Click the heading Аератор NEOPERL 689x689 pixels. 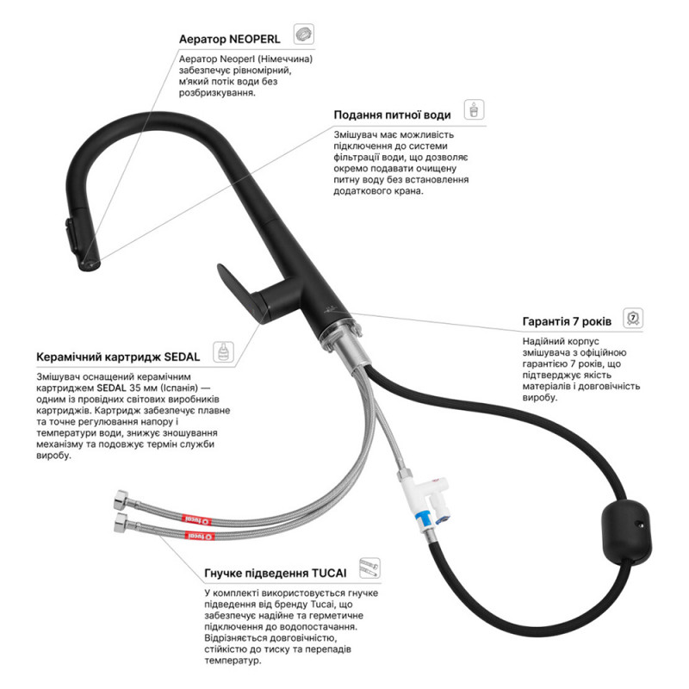tap(229, 39)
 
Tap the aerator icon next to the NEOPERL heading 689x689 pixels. tap(304, 34)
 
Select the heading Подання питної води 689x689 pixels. tap(392, 115)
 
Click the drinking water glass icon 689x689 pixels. tap(475, 109)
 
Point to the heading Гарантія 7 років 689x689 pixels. tap(567, 321)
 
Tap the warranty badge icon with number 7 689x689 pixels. tap(633, 318)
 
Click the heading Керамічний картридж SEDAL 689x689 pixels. tap(118, 357)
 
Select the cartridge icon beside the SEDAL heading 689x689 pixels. tap(223, 351)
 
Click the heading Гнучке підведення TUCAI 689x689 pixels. tap(276, 573)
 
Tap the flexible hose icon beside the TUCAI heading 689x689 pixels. tap(369, 568)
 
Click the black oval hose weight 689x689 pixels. tap(626, 531)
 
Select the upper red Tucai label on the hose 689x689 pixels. tap(197, 520)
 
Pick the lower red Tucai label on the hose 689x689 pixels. tap(200, 536)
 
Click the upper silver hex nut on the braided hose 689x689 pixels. tap(121, 500)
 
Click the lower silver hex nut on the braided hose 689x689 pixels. tap(121, 523)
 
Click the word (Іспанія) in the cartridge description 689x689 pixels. tap(179, 388)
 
